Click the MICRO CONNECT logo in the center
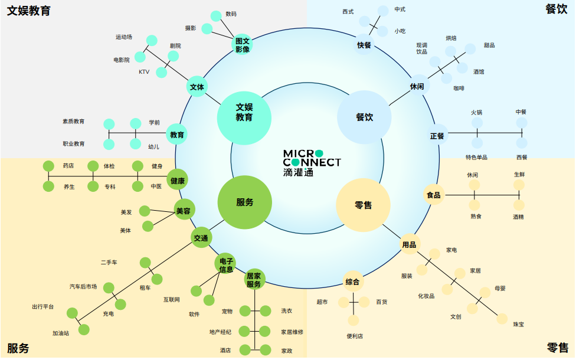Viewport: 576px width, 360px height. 312,163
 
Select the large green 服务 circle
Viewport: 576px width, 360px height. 244,202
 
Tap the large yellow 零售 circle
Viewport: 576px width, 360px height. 363,205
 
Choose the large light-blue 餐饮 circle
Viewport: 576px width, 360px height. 364,117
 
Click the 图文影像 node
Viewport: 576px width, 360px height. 243,45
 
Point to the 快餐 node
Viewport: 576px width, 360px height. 364,45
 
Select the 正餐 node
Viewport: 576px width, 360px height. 437,136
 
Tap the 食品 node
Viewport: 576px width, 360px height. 434,195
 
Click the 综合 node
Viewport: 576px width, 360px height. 353,282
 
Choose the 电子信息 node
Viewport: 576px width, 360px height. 226,265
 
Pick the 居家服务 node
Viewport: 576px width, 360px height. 254,280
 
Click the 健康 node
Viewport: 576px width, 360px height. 178,181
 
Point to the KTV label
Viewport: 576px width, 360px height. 144,72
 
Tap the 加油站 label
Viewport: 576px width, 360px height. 61,333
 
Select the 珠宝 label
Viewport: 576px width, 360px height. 518,324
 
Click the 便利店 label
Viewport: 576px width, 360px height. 355,336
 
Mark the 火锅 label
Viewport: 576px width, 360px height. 476,112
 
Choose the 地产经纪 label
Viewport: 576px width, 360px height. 220,332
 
